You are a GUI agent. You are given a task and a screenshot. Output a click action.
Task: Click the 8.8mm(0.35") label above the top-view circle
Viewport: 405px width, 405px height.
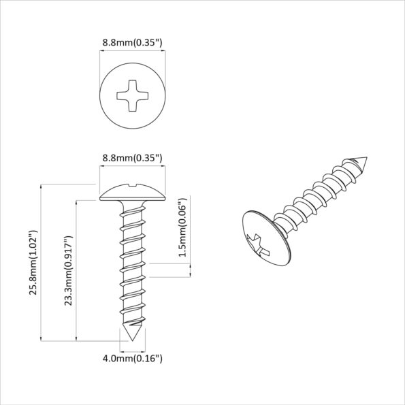point(132,42)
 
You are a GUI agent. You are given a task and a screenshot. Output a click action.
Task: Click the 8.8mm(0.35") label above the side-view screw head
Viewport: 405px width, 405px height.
point(132,158)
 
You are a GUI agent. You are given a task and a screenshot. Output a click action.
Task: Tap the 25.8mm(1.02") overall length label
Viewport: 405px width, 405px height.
point(32,262)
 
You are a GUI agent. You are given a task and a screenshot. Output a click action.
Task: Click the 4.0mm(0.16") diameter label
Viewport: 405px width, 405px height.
point(132,358)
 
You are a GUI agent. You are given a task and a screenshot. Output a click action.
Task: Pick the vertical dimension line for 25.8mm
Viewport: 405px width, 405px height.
point(42,262)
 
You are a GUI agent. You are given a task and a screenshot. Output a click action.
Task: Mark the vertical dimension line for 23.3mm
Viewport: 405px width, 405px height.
point(76,270)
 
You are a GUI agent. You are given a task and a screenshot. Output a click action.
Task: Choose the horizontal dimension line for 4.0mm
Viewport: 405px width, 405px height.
point(132,348)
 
